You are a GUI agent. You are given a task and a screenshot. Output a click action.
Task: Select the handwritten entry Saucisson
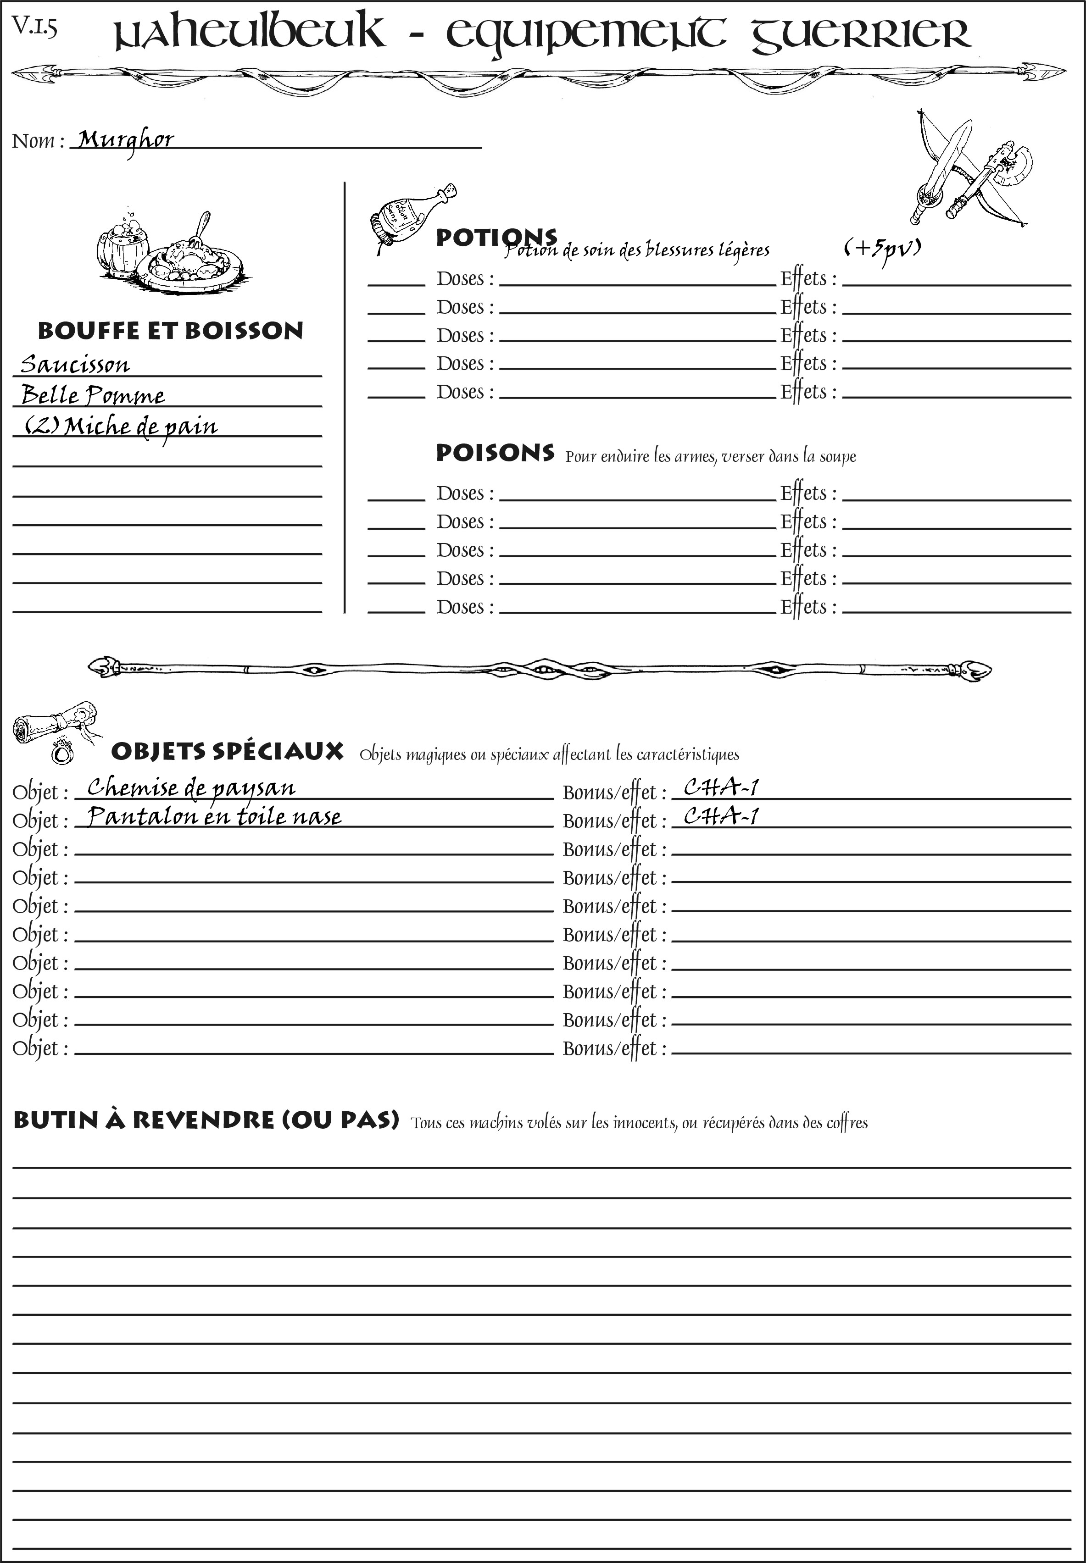[x=75, y=365]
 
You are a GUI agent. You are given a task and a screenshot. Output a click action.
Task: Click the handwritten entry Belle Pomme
[x=93, y=395]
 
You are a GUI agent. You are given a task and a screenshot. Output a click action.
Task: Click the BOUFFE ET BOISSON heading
[x=170, y=331]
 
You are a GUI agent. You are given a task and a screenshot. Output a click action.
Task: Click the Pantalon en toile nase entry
[x=214, y=816]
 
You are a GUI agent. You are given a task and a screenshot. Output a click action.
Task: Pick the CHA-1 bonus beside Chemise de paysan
[x=721, y=787]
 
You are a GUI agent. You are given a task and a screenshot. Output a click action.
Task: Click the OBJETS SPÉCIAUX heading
[x=227, y=751]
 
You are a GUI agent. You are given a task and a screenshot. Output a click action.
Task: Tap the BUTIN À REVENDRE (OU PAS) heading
[x=206, y=1120]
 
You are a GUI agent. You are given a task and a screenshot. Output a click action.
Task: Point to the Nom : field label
[x=38, y=141]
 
